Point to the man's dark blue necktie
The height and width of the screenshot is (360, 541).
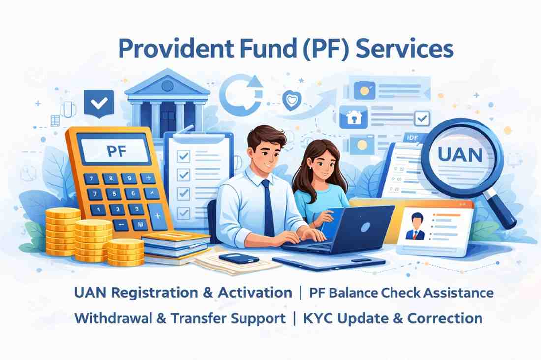pos(268,207)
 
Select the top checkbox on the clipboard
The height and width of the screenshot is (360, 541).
pos(184,156)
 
